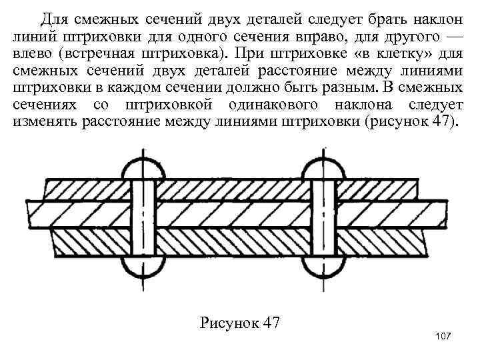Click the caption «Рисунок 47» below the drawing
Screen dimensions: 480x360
click(239, 323)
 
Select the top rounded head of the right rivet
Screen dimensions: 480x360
click(323, 169)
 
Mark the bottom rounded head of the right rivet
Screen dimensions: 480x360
click(323, 271)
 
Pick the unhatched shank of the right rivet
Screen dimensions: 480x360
click(323, 220)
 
